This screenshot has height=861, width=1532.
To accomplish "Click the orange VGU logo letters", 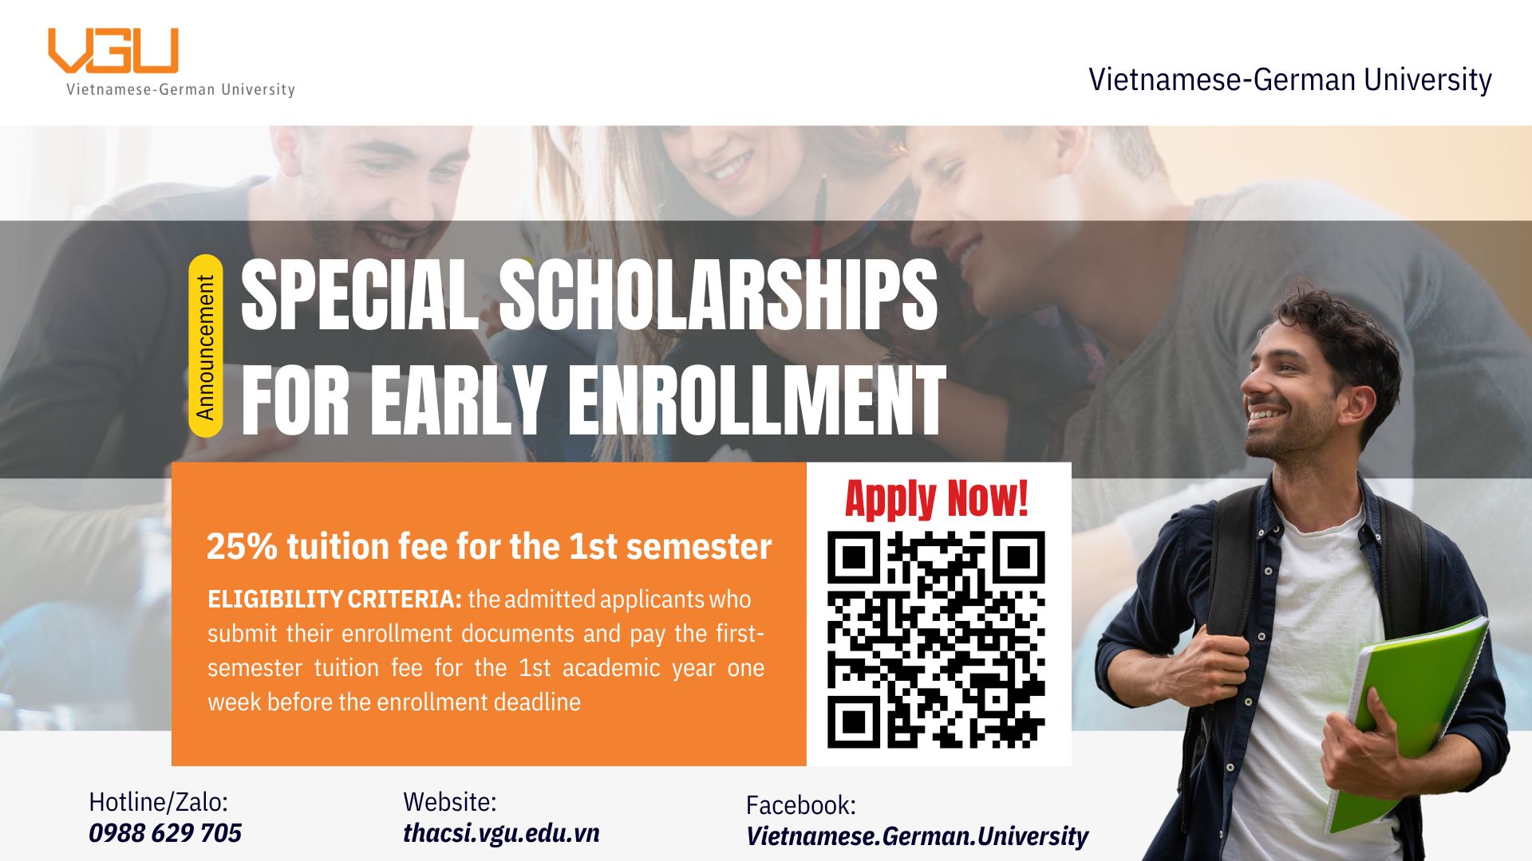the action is tap(113, 51).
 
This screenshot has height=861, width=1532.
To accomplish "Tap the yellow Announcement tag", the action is tap(206, 346).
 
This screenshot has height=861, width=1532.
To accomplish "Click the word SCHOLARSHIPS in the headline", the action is tap(718, 295).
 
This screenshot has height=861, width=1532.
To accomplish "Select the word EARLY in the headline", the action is tap(457, 401).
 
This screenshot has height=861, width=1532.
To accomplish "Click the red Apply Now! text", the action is tap(937, 499).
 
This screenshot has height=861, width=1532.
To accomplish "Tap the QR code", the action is tap(936, 640).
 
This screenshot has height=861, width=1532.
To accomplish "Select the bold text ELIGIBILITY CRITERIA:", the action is tap(334, 600).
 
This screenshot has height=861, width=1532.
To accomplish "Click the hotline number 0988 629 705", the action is tap(165, 833).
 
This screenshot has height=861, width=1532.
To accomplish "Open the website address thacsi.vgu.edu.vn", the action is tap(501, 833).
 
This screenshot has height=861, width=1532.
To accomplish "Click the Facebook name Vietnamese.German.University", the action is tap(917, 836).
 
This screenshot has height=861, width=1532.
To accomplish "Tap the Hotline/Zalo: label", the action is tap(158, 802).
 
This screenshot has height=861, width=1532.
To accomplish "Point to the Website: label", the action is tap(449, 802).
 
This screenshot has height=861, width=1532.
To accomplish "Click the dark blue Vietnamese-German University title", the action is tap(1290, 80).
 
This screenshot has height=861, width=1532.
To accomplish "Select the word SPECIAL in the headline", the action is tap(360, 295).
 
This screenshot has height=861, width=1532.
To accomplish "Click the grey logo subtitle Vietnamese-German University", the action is tap(180, 89).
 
